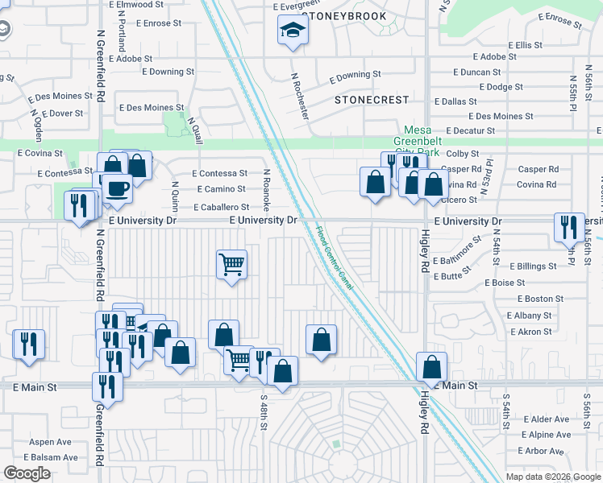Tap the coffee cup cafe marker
point(117,188)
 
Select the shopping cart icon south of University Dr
point(231,263)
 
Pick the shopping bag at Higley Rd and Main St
point(432,366)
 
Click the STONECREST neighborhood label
point(372,100)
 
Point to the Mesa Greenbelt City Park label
point(423,141)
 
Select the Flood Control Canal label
point(334,257)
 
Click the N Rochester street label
point(300,96)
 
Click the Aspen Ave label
point(51,442)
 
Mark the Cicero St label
point(462,199)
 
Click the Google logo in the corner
point(27,473)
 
